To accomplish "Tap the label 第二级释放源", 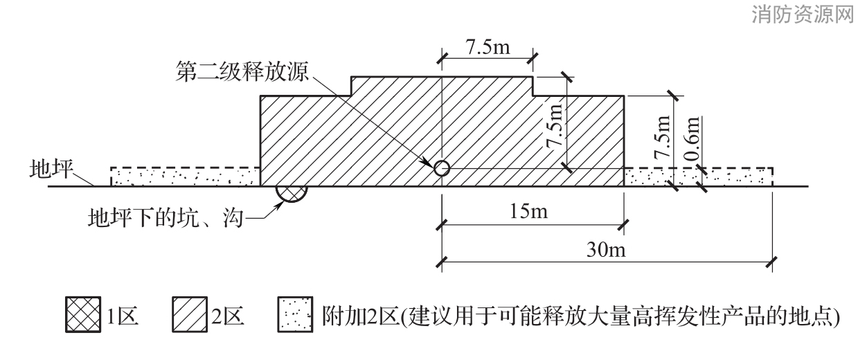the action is [x=242, y=71].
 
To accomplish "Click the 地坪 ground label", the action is [x=51, y=169].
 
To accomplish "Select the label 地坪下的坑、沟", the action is [x=166, y=218].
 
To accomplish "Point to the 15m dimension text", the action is [x=528, y=211].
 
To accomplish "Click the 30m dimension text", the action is [x=606, y=250].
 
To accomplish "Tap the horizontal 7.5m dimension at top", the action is [x=488, y=47].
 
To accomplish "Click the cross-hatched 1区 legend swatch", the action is [x=83, y=314].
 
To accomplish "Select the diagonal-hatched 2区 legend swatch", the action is [x=190, y=314].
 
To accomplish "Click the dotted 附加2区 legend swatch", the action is [x=295, y=314].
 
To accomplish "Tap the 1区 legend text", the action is [x=123, y=316].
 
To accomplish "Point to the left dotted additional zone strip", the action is [x=186, y=177].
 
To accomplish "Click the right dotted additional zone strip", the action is [x=698, y=177].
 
